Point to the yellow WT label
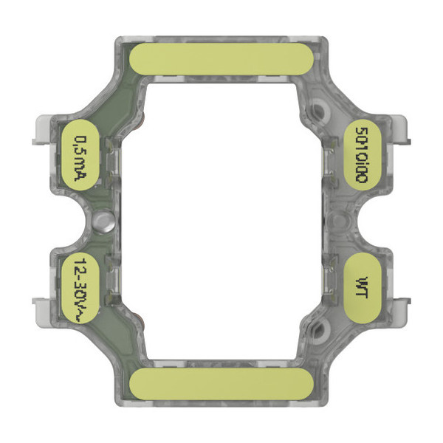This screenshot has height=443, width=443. point(361,284)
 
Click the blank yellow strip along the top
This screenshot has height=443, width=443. point(219,58)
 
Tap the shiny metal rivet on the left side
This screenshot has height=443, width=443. point(103,220)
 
